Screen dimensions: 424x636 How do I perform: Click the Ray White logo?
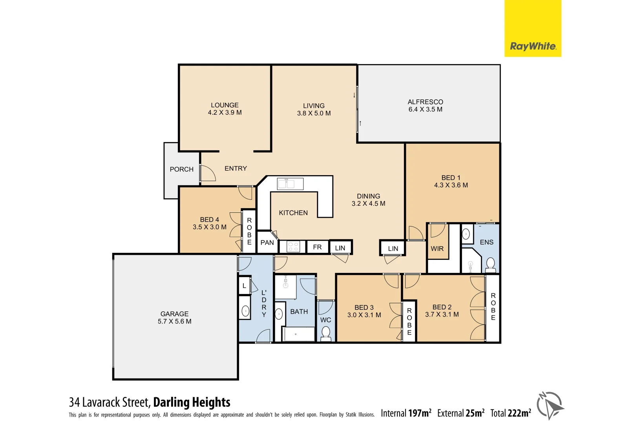[x=532, y=46]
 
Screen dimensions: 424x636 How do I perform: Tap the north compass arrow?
[x=550, y=406]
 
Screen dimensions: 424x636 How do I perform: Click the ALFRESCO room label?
[x=425, y=102]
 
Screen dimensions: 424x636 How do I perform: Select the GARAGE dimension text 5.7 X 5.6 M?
[x=174, y=322]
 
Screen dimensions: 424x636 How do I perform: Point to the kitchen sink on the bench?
[x=290, y=184]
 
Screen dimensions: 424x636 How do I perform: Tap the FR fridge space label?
[x=317, y=247]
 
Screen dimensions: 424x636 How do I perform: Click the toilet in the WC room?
[x=326, y=334]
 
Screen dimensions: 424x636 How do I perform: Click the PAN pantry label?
[x=267, y=243]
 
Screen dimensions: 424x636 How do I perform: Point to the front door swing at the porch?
[x=207, y=173]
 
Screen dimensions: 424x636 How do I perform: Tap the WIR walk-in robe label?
[x=437, y=249]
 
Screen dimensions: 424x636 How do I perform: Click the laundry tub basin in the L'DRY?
[x=245, y=311]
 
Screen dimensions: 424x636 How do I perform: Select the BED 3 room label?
[x=364, y=307]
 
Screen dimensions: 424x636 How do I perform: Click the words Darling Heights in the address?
[x=192, y=402]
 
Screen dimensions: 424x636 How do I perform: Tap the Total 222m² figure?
[x=510, y=413]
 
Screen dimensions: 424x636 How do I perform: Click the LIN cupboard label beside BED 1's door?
[x=393, y=249]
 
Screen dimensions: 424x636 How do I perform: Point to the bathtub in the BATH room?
[x=298, y=334]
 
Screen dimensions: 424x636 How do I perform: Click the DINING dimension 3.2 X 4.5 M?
[x=368, y=203]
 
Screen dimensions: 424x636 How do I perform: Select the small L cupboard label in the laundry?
[x=244, y=286]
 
